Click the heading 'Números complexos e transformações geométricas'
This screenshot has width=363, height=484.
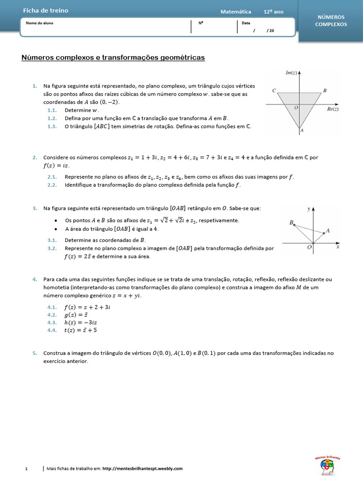click(x=113, y=58)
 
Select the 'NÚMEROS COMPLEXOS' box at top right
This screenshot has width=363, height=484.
click(x=331, y=20)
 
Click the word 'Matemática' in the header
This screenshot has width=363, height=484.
click(x=236, y=12)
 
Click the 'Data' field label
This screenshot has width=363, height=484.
click(x=246, y=23)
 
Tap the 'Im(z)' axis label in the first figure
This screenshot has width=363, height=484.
click(x=291, y=72)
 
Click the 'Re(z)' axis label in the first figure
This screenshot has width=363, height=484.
click(x=333, y=109)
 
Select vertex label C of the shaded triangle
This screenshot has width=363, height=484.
click(x=274, y=90)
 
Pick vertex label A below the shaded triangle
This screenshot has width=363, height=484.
click(x=302, y=130)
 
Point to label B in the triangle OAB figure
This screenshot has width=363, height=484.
click(x=292, y=222)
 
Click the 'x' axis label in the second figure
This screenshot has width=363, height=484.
click(x=337, y=247)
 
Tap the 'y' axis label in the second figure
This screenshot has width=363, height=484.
click(x=308, y=208)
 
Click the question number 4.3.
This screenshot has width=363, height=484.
click(x=52, y=322)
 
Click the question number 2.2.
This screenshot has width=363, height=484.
click(x=52, y=185)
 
